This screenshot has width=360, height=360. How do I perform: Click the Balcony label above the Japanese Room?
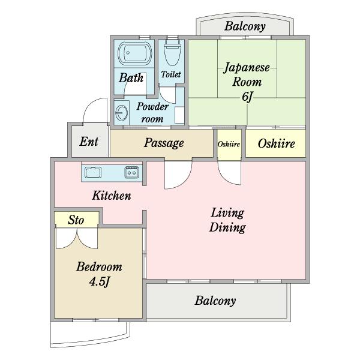(245, 26)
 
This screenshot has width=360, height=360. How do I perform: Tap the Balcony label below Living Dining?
(215, 301)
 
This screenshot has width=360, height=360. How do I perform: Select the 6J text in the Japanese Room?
(245, 96)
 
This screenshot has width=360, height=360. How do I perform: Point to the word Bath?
(130, 77)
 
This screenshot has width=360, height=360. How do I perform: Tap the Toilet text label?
(172, 74)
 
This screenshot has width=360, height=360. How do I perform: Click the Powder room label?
(152, 112)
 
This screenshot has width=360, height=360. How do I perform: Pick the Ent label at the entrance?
(89, 142)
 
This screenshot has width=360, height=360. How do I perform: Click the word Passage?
(164, 143)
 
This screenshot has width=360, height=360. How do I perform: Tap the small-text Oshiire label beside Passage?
(229, 144)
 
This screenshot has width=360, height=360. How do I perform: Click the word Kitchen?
(111, 196)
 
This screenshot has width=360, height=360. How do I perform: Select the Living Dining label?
(227, 220)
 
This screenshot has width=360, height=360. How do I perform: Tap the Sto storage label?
(76, 220)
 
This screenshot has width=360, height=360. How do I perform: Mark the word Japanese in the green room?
(247, 67)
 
